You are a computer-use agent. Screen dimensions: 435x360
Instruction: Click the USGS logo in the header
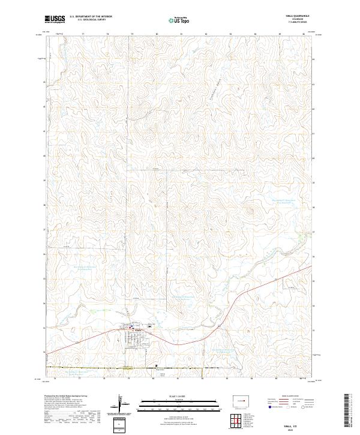tap(55, 19)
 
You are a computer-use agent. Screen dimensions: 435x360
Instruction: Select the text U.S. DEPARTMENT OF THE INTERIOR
tap(90, 17)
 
